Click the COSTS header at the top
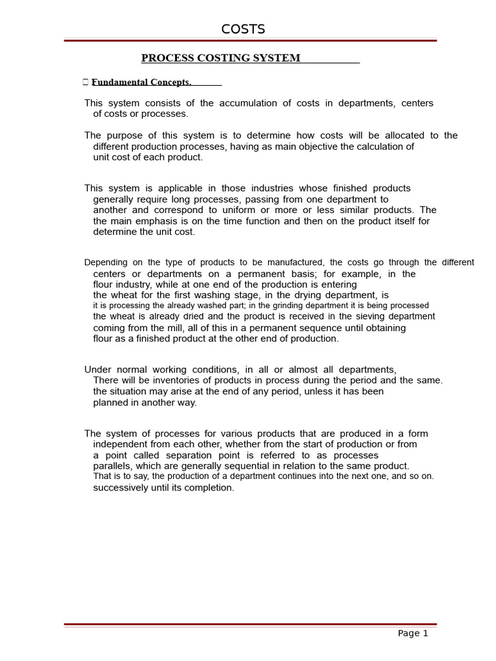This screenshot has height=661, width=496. pyautogui.click(x=243, y=29)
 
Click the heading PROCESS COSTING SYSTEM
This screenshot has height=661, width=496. pyautogui.click(x=221, y=58)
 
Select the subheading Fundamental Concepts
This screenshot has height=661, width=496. pyautogui.click(x=141, y=82)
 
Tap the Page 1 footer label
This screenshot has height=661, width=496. pyautogui.click(x=413, y=633)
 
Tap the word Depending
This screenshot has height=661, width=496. pyautogui.click(x=106, y=263)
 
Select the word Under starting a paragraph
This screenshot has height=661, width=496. pyautogui.click(x=98, y=370)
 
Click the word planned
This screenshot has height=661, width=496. pyautogui.click(x=111, y=402)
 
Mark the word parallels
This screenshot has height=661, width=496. pyautogui.click(x=112, y=466)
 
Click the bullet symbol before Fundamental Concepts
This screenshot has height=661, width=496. pyautogui.click(x=86, y=82)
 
